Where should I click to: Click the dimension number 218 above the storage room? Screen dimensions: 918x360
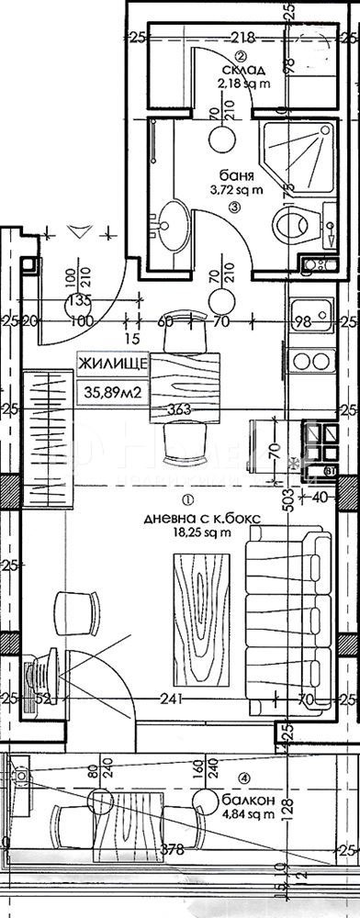pyautogui.click(x=242, y=38)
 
